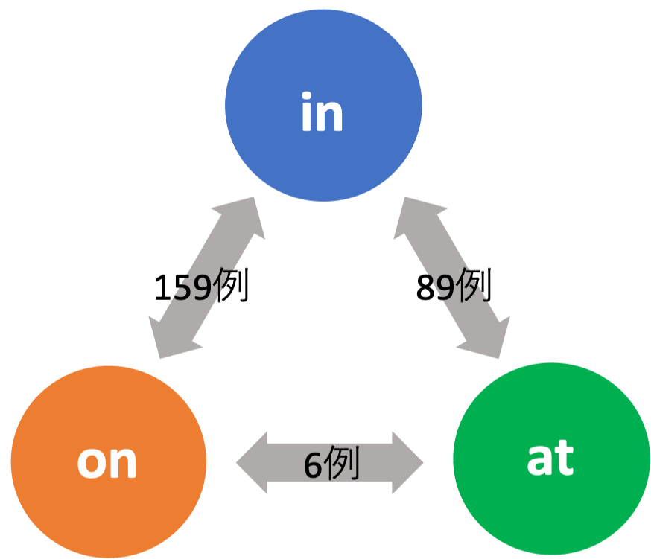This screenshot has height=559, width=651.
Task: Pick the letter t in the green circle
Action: pyautogui.click(x=565, y=458)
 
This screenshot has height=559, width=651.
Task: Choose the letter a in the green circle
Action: pyautogui.click(x=539, y=461)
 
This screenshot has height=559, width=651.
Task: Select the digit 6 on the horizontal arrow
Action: pyautogui.click(x=312, y=465)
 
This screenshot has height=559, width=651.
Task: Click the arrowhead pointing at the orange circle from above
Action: pyautogui.click(x=174, y=339)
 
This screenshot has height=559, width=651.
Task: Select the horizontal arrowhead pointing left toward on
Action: pyautogui.click(x=252, y=462)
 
